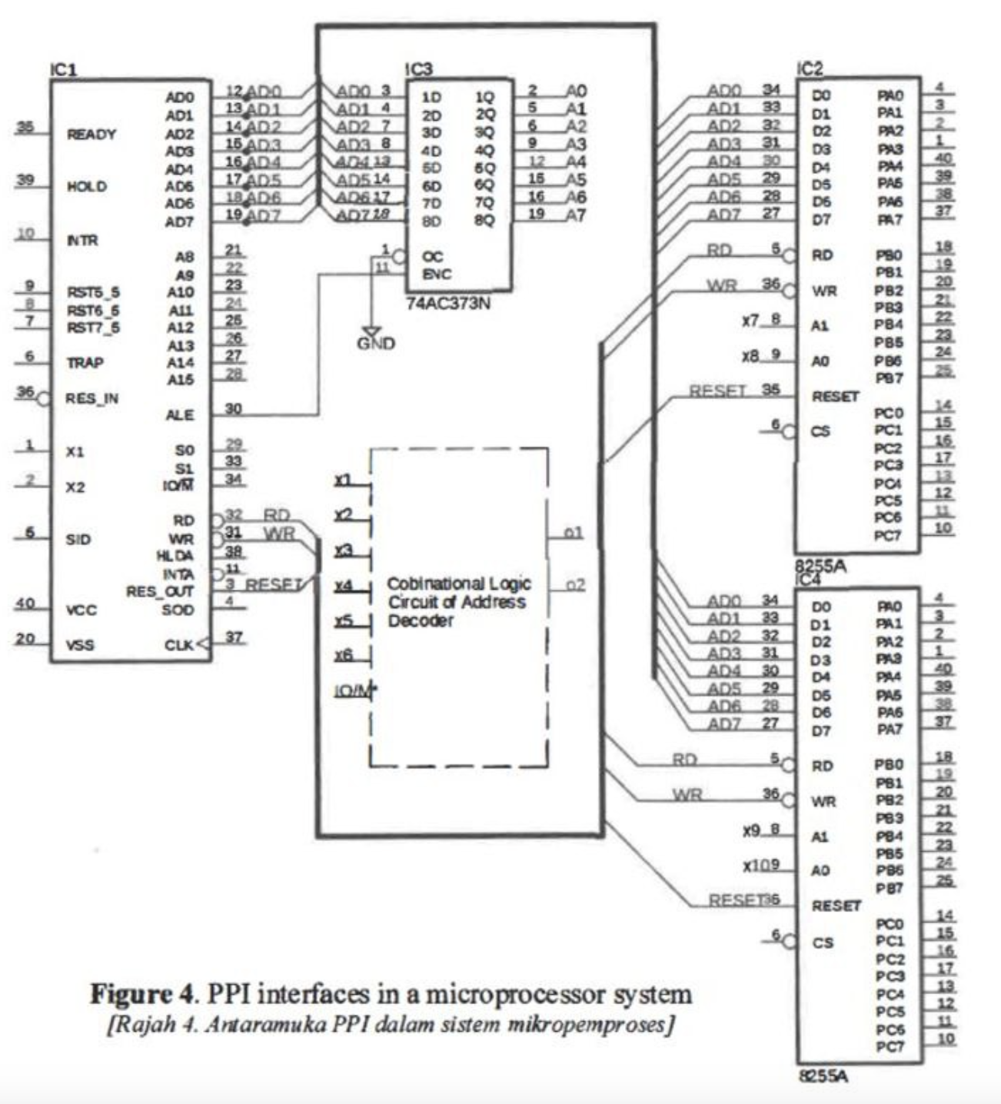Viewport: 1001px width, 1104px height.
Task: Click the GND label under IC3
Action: point(376,343)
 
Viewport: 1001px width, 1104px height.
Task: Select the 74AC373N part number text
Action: point(448,304)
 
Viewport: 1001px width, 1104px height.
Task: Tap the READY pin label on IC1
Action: point(91,135)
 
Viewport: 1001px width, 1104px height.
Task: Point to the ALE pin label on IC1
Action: point(180,415)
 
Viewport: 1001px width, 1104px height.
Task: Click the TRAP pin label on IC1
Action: point(85,363)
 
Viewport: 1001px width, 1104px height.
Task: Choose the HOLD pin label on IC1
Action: point(87,187)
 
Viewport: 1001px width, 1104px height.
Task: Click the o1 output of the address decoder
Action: point(574,533)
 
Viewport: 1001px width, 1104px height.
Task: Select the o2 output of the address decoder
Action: point(574,585)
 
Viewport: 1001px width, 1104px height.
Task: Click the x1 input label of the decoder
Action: point(343,480)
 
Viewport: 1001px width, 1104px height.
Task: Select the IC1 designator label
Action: point(64,70)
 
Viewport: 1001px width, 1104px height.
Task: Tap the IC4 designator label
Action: point(809,579)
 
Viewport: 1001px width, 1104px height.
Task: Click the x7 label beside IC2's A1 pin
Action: point(750,320)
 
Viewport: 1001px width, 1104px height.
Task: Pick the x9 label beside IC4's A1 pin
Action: point(751,831)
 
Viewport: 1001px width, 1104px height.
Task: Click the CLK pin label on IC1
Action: point(180,645)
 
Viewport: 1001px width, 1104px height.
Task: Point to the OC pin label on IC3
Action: point(432,257)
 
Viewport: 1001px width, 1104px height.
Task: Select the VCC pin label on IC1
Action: point(81,610)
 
